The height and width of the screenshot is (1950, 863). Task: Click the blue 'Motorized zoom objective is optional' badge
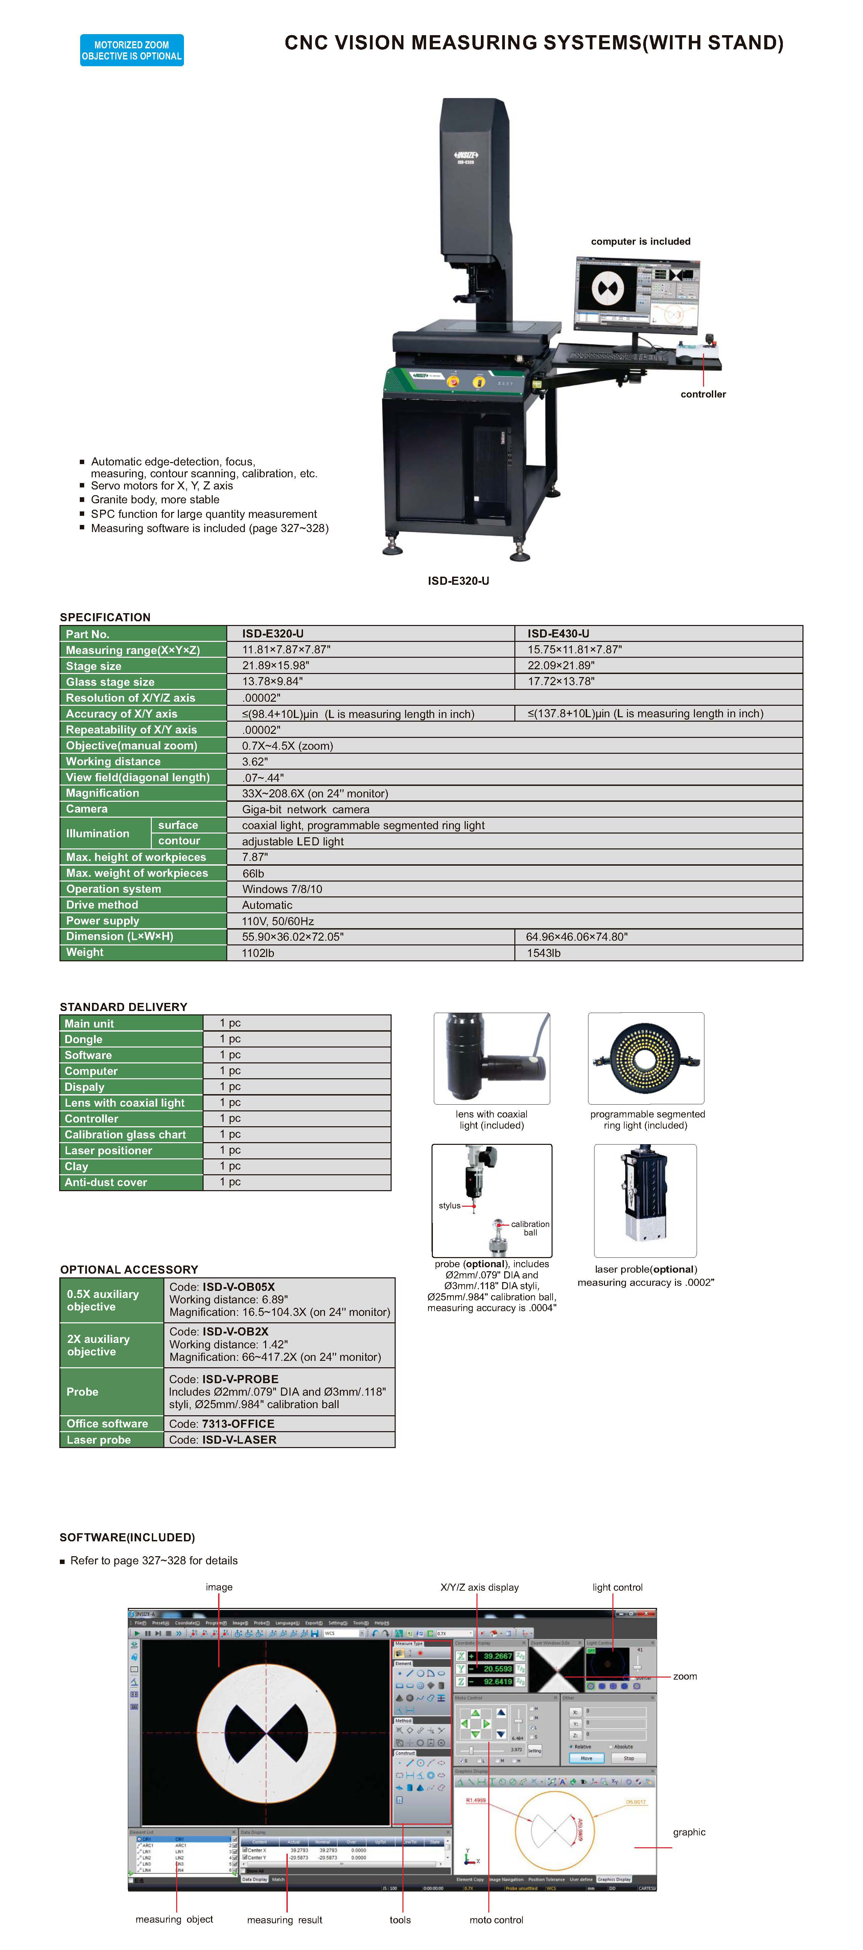click(132, 50)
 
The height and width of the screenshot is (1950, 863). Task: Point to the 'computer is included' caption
click(640, 241)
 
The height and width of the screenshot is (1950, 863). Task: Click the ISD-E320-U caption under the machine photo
click(458, 581)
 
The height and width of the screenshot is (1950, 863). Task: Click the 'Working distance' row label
click(114, 762)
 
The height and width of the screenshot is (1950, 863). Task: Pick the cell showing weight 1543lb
click(543, 953)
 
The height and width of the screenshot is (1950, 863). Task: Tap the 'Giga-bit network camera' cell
click(306, 809)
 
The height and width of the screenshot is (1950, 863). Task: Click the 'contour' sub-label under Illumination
click(180, 841)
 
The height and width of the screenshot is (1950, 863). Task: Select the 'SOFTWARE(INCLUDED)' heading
click(127, 1537)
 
